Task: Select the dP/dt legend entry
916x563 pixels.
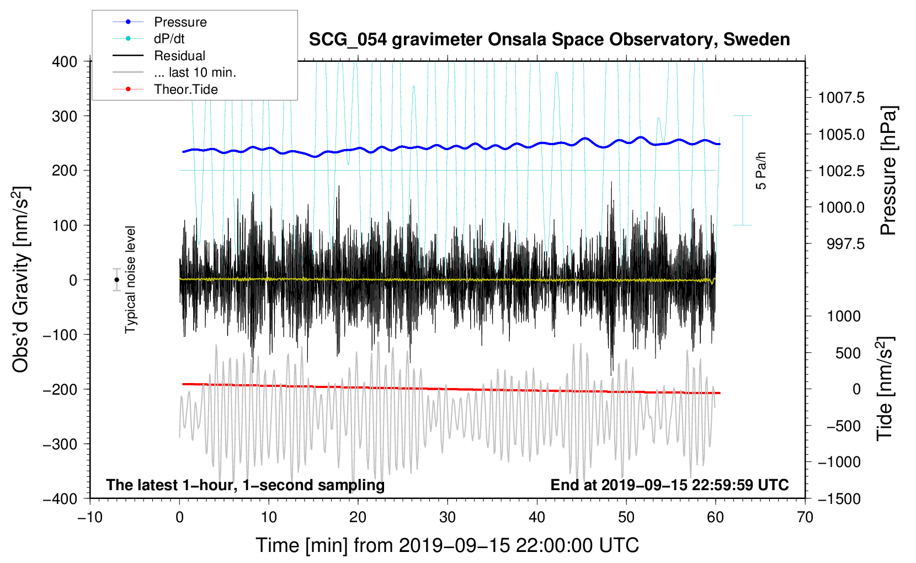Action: pos(169,39)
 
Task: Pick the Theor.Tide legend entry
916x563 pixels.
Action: pos(185,89)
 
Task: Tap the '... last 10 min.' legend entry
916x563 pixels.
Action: pos(195,72)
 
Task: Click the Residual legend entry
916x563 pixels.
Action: pos(179,56)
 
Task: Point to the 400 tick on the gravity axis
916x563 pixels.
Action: pos(65,62)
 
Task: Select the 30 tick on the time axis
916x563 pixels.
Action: pos(448,517)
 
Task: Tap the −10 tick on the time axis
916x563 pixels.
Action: pos(90,517)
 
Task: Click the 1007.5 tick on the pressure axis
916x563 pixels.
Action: pos(841,98)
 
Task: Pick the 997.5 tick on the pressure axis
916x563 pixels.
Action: pos(845,244)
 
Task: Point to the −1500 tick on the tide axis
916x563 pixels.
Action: pos(839,498)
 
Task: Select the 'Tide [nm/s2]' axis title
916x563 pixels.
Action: pos(885,389)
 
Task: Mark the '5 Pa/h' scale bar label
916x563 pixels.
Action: pos(761,171)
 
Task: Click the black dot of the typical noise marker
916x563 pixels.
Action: pos(117,280)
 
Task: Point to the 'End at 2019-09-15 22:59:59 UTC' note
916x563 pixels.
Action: pos(669,485)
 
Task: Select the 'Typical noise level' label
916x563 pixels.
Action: pos(130,279)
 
